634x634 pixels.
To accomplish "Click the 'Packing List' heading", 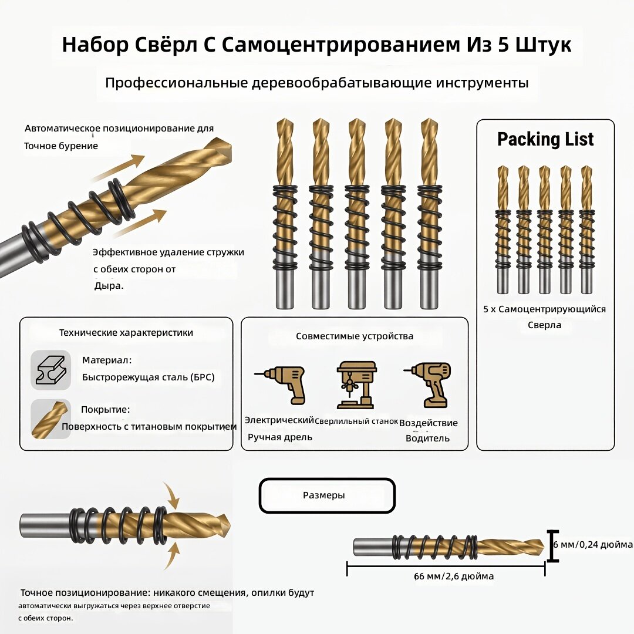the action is click(545, 140).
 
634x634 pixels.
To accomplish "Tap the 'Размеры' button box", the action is click(327, 495).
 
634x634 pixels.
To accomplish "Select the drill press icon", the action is click(356, 385).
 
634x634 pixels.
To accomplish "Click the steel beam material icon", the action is click(51, 370).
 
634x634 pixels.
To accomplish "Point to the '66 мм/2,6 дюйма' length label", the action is click(454, 576).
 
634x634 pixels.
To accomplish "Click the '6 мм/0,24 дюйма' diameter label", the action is click(593, 545).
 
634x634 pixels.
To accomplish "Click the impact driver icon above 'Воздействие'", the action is click(428, 385).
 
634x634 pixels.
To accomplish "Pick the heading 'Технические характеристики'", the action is click(126, 333).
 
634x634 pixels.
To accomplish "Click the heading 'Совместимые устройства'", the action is click(355, 336).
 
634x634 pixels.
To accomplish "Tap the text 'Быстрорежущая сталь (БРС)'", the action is click(148, 377).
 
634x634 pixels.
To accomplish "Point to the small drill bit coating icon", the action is click(51, 419).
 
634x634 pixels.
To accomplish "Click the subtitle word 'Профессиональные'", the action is click(176, 83).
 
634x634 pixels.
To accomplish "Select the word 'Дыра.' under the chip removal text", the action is click(109, 286).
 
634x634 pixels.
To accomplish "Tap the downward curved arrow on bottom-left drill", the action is click(171, 496).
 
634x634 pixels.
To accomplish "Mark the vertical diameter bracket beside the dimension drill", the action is click(552, 547).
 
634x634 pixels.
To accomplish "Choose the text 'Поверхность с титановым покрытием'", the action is click(149, 427).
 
